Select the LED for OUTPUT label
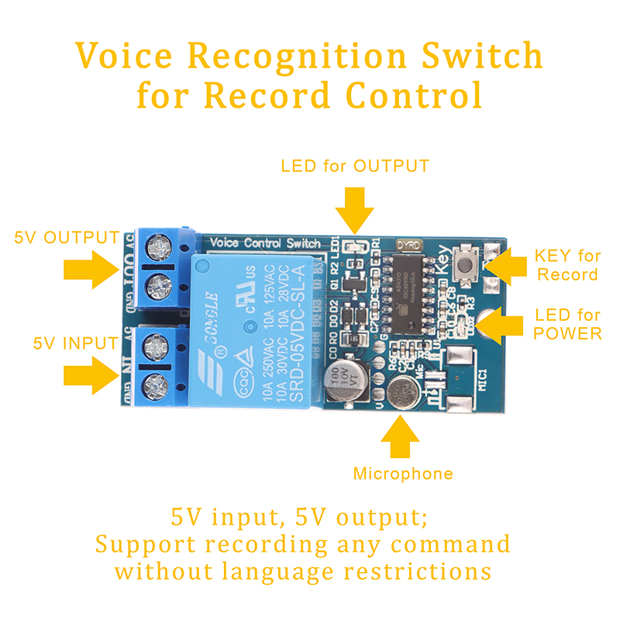coord(355,166)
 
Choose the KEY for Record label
coord(568,265)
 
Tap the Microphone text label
coord(403,474)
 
